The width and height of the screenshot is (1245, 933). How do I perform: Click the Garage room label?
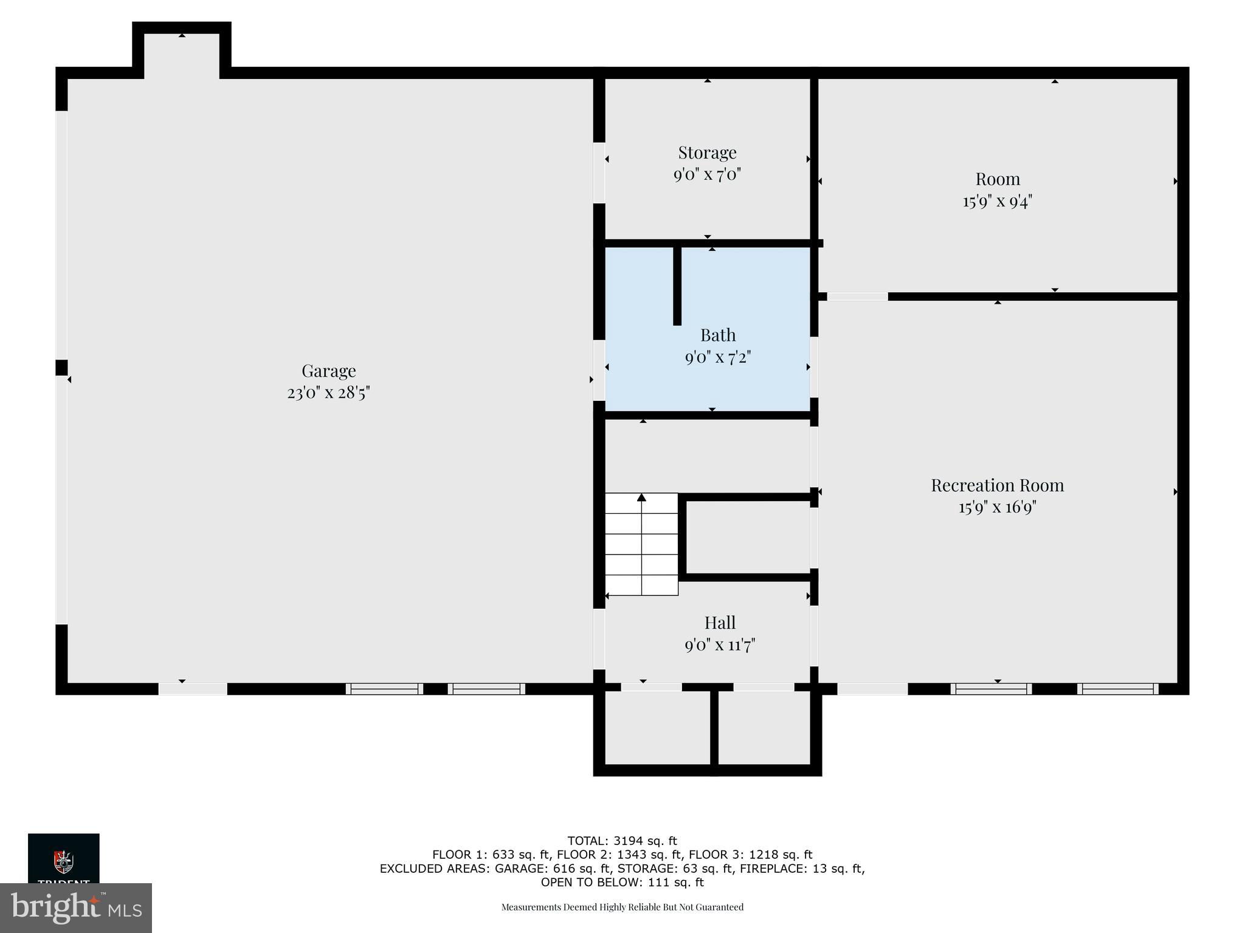(328, 371)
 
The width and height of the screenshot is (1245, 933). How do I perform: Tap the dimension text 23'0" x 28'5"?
(328, 393)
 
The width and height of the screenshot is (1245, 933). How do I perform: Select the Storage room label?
(707, 152)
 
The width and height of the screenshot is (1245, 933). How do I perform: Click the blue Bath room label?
(718, 335)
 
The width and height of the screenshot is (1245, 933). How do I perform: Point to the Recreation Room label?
(997, 485)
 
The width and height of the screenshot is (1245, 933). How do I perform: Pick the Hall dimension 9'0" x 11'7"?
(720, 645)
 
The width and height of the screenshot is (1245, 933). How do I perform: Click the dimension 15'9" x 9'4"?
(997, 201)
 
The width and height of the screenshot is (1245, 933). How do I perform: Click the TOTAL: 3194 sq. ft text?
(622, 841)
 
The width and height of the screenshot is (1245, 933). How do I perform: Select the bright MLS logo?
(76, 907)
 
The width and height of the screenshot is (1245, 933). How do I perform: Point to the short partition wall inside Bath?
(677, 285)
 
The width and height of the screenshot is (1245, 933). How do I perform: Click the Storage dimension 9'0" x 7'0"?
(707, 175)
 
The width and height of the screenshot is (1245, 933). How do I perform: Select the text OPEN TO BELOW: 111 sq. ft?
(622, 882)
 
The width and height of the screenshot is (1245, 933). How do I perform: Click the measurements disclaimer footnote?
(622, 907)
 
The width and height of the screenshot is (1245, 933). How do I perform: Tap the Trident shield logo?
(63, 861)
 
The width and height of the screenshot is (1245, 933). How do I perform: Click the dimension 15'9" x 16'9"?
(997, 507)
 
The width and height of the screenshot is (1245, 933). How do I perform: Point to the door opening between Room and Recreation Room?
(857, 296)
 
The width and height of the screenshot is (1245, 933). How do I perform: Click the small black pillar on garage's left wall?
(61, 367)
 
